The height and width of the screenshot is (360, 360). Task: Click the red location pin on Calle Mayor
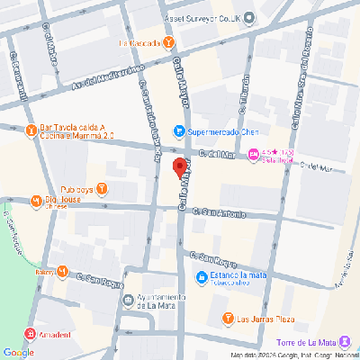[x=179, y=167]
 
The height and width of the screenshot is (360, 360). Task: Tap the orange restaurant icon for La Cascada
[x=169, y=42]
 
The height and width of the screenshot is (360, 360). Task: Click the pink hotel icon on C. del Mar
[x=254, y=156]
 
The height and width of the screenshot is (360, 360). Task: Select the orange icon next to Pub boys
[x=102, y=188]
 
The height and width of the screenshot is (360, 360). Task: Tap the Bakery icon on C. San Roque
[x=63, y=271]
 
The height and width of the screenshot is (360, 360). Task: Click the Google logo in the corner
[x=18, y=352]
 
